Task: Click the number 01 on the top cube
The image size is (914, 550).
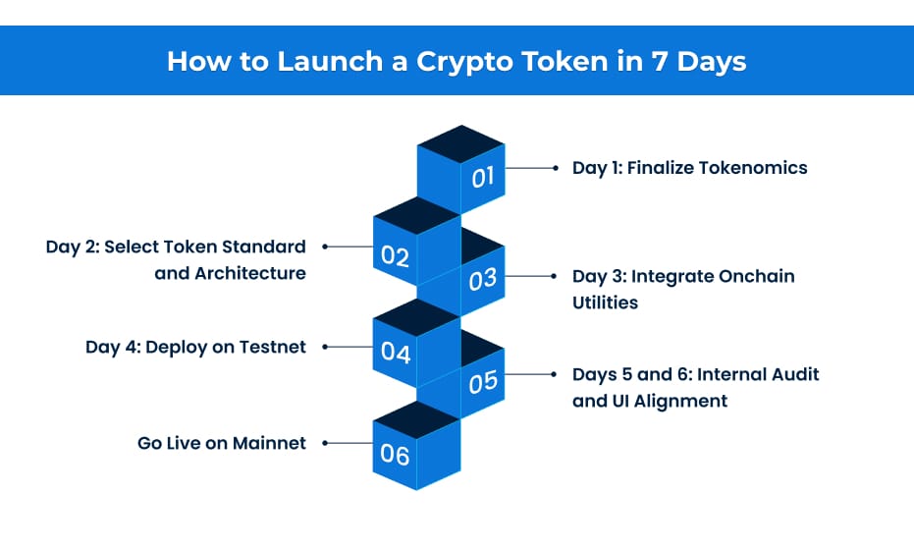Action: (x=482, y=178)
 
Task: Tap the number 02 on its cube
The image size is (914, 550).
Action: (x=395, y=256)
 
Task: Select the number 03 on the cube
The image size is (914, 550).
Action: (x=482, y=280)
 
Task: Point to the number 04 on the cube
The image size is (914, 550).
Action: (x=395, y=352)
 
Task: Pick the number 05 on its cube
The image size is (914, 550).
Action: (x=482, y=381)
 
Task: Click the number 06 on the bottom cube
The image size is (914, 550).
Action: (x=395, y=454)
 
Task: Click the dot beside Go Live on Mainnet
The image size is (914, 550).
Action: (x=325, y=443)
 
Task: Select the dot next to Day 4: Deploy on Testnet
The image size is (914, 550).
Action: (x=325, y=347)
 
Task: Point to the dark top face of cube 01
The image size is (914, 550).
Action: (x=460, y=137)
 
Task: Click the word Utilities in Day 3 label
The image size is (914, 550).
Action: (x=605, y=302)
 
